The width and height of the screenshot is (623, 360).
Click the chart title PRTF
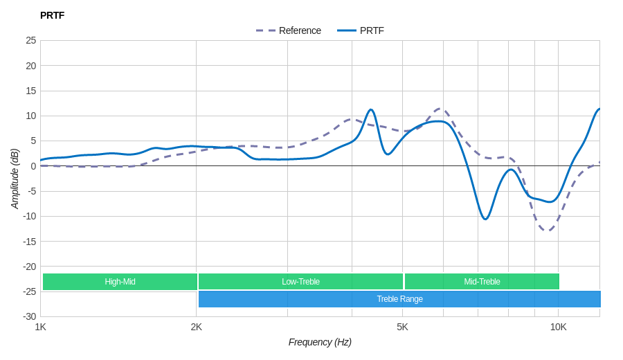coord(52,15)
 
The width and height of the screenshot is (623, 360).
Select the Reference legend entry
coord(289,30)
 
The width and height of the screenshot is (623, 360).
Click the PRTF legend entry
coord(361,30)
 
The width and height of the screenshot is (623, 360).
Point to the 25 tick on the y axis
coord(31,40)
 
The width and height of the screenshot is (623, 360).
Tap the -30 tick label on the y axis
coord(29,316)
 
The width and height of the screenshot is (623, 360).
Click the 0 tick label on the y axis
coord(33,166)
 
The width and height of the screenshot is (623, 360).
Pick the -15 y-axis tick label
coord(29,241)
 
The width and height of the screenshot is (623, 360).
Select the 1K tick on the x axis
coord(41,327)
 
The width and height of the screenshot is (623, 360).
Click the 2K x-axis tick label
coord(197,327)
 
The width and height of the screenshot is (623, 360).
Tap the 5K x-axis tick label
coord(402,327)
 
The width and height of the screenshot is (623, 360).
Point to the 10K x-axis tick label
coord(558,327)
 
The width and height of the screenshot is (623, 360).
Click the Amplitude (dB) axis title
coord(15,179)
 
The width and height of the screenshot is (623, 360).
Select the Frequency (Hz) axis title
coord(320,342)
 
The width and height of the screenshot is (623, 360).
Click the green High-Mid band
coord(120,282)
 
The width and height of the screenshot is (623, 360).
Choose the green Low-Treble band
coord(300,282)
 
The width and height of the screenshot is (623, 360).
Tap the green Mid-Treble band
coord(482,282)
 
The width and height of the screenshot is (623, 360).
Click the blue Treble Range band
coord(399,299)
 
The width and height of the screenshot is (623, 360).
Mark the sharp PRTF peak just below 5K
coord(371,109)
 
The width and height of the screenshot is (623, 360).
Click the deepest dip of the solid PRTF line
coord(485,219)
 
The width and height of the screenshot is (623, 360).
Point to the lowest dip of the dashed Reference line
coord(548,231)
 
